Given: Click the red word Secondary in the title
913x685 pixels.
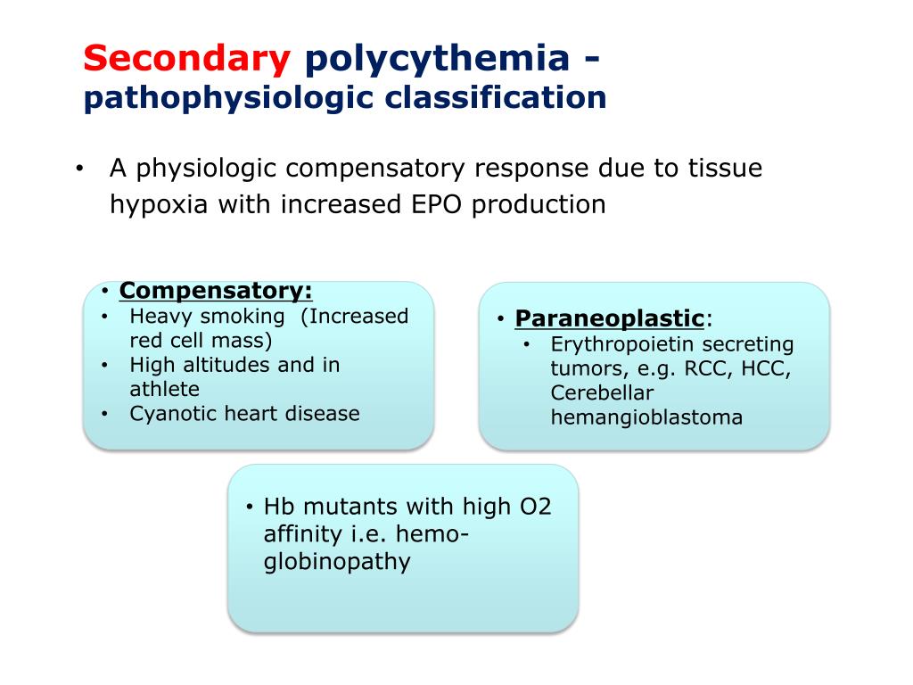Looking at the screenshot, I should pos(187,59).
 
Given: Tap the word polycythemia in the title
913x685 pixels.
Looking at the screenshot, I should pos(437,59).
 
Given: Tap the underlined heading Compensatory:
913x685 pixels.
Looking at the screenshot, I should pos(216,291).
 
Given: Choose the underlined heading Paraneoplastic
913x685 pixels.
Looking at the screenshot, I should pos(610,318).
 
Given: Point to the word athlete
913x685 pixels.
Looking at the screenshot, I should pos(164,389).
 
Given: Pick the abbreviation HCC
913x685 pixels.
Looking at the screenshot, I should pos(767,369).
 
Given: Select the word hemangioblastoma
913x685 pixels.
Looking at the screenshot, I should pos(646,417).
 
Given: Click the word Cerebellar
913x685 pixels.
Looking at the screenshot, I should pos(602,393).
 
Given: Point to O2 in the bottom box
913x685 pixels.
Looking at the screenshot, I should pos(535,508).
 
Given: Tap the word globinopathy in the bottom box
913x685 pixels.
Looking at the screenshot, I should pos(337,562).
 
